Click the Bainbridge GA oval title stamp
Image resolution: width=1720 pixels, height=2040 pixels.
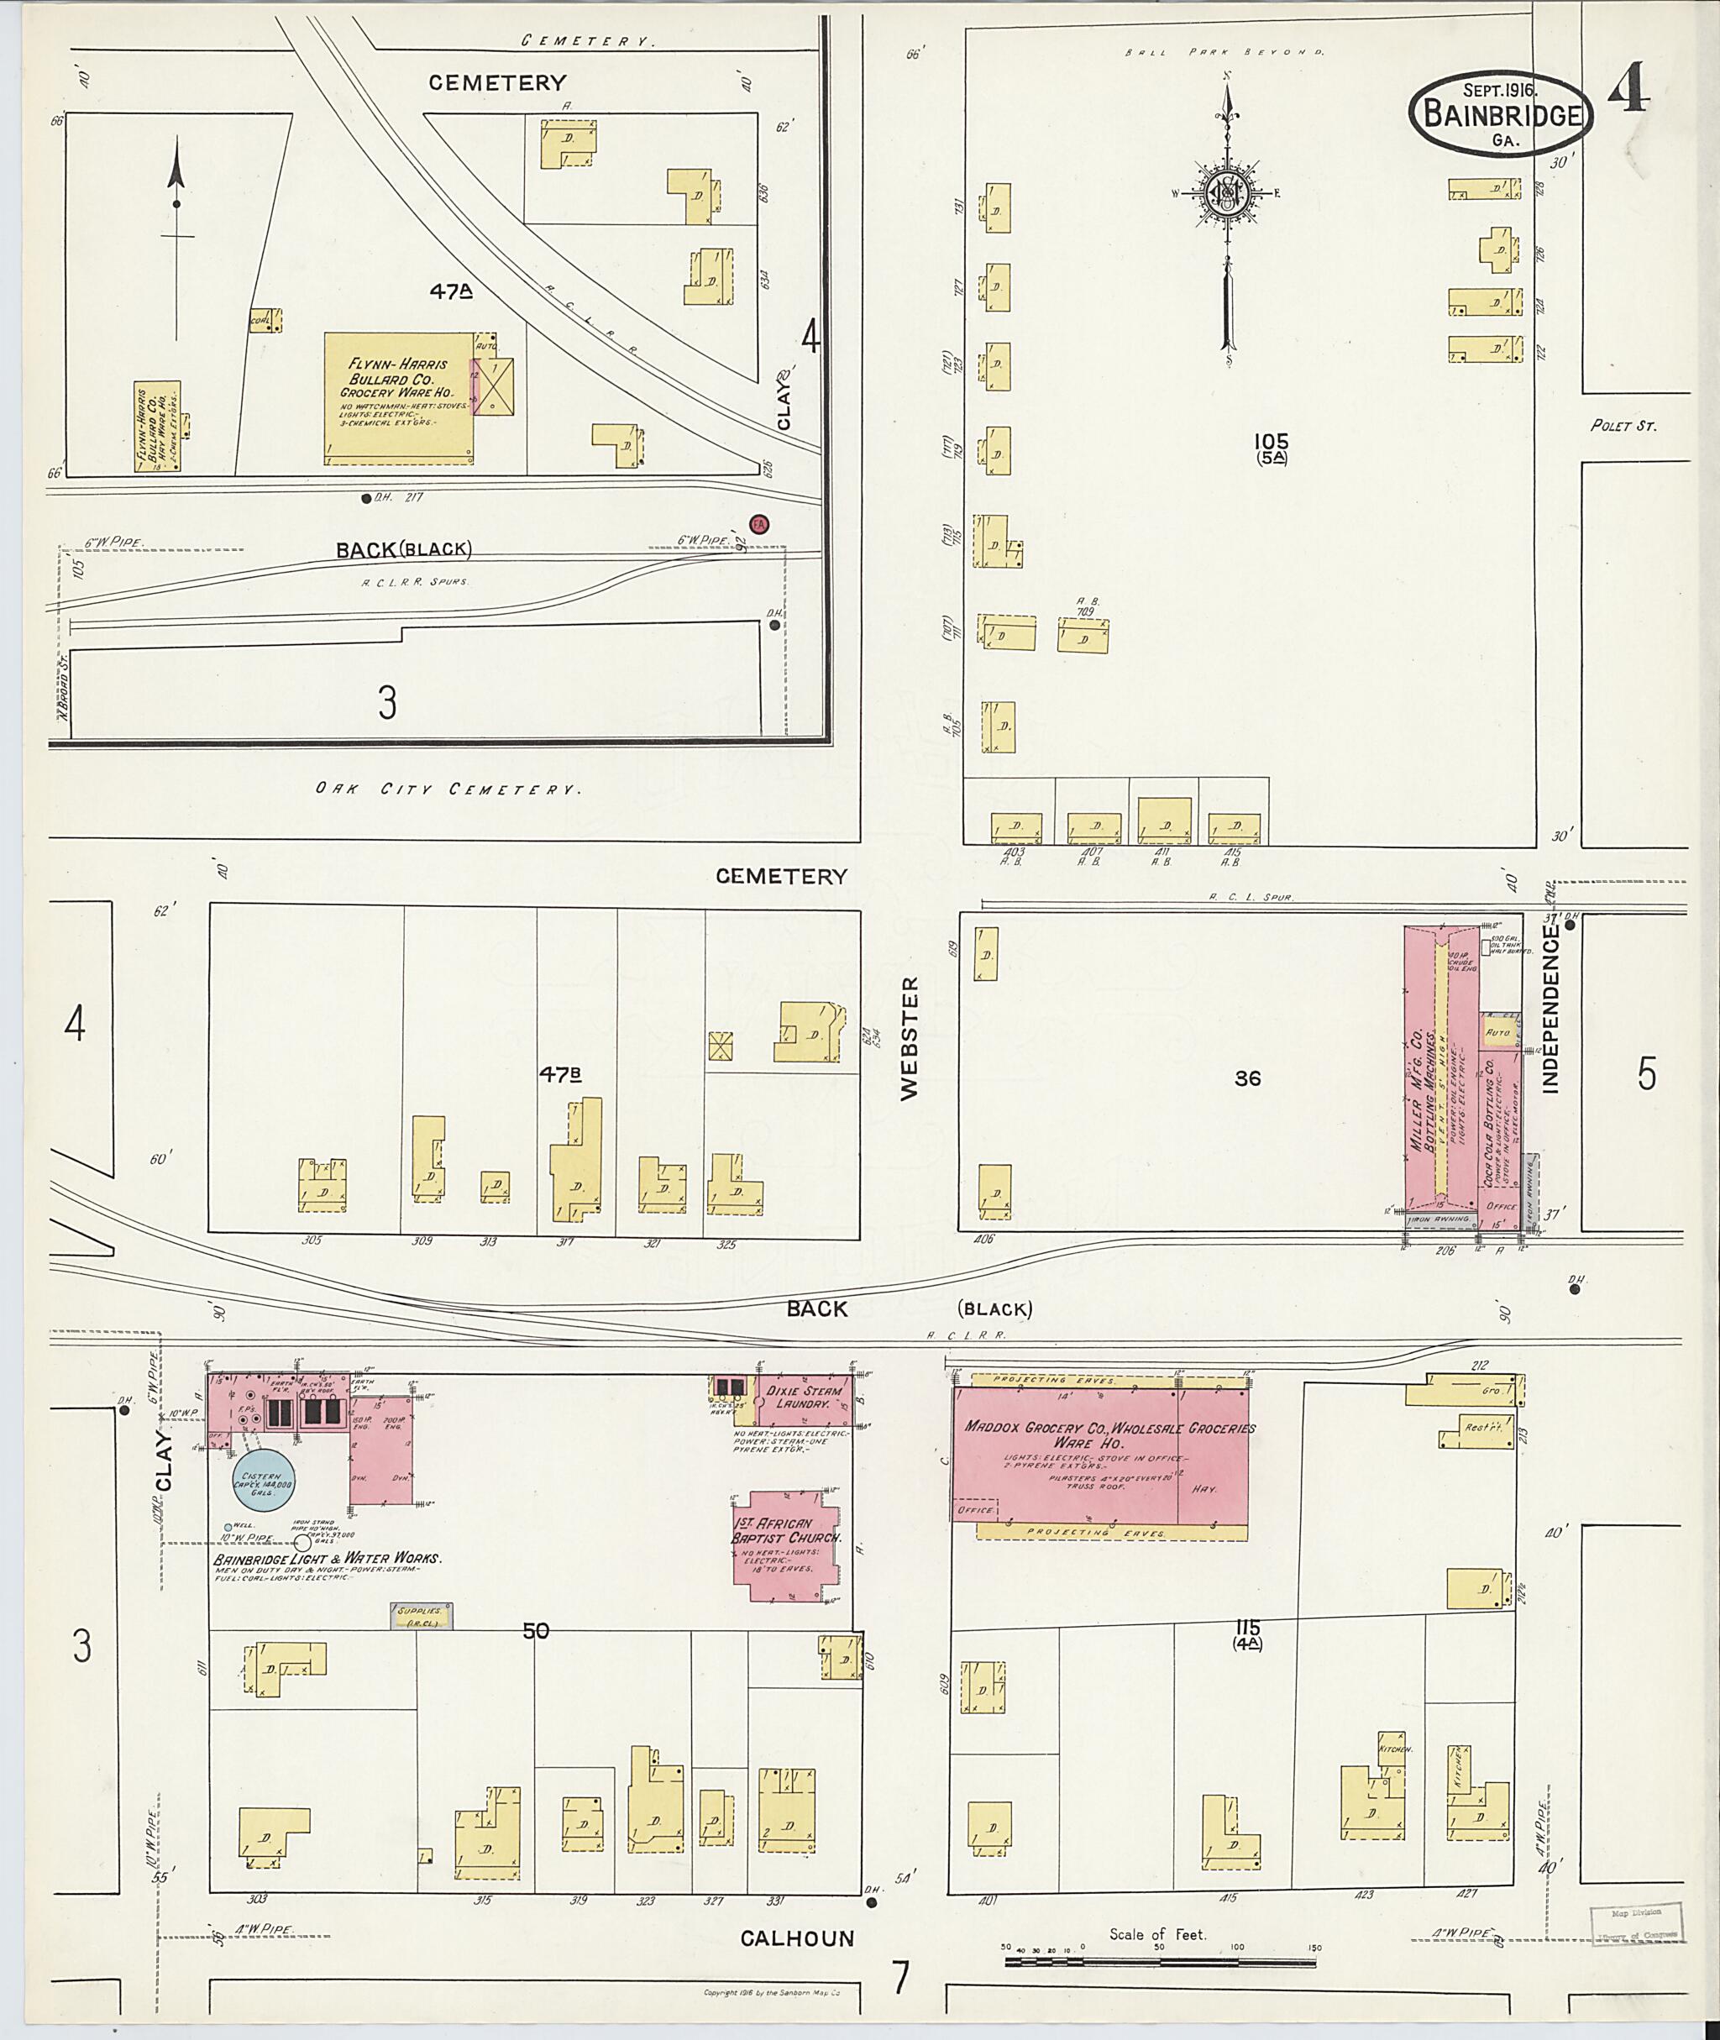coord(1501,114)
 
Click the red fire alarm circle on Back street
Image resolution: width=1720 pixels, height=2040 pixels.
coord(758,524)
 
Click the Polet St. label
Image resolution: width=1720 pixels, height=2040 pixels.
coord(1623,426)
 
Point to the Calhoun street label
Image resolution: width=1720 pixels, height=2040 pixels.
coord(797,1938)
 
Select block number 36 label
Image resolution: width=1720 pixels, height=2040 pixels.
coord(1246,1078)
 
